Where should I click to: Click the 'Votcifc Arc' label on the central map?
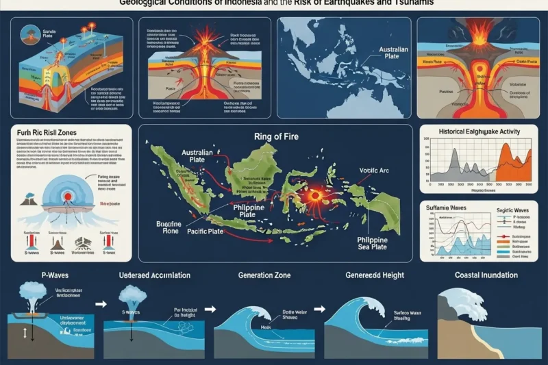pyautogui.click(x=374, y=171)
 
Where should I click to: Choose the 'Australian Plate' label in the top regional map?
pyautogui.click(x=388, y=55)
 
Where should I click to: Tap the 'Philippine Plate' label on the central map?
pyautogui.click(x=245, y=212)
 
